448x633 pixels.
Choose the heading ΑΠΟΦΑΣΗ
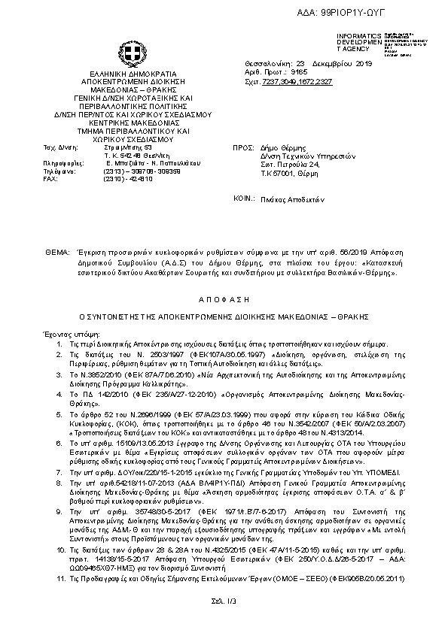click(224, 298)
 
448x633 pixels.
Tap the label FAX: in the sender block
click(50, 178)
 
